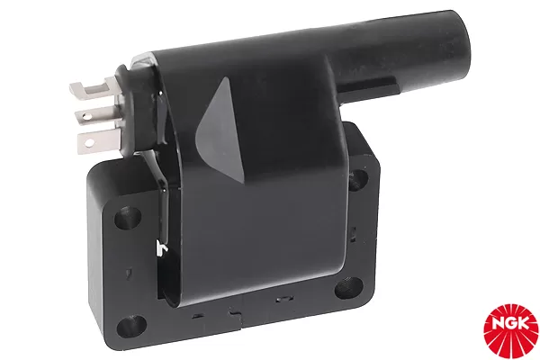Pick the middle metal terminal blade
(x=92, y=113)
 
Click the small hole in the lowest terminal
(x=87, y=139)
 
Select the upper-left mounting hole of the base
(x=127, y=216)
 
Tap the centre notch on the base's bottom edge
(x=235, y=313)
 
